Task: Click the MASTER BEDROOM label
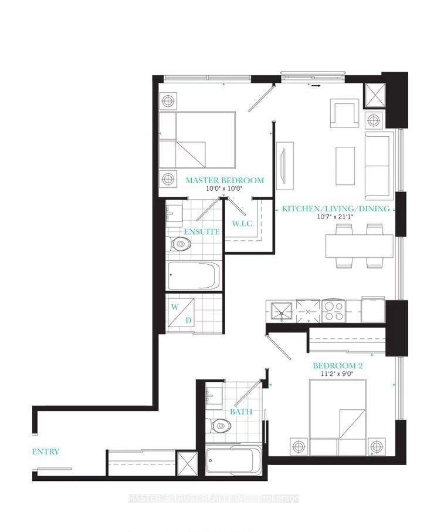pos(225,180)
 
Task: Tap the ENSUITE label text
pos(201,232)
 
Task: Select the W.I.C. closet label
pos(242,224)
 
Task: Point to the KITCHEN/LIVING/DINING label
pos(335,209)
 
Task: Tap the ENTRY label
pos(46,452)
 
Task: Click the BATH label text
pos(240,412)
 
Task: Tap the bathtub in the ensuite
pos(194,276)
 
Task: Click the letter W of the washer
pos(175,307)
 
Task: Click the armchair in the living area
pos(344,113)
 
